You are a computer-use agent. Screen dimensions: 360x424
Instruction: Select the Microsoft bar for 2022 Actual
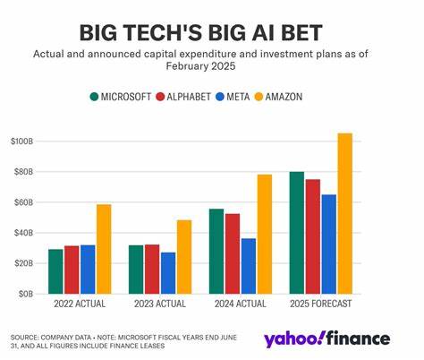point(55,271)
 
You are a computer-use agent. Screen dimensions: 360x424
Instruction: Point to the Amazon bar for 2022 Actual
point(105,249)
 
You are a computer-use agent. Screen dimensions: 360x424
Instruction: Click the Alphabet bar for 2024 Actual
point(233,253)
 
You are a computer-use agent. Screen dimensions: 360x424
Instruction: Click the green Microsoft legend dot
point(95,96)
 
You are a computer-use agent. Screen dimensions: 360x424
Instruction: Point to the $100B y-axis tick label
point(22,141)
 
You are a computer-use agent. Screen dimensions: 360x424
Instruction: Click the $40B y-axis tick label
point(24,233)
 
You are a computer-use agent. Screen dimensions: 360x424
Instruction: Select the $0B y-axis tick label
point(27,294)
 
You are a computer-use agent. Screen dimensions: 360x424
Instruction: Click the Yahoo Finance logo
point(326,339)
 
